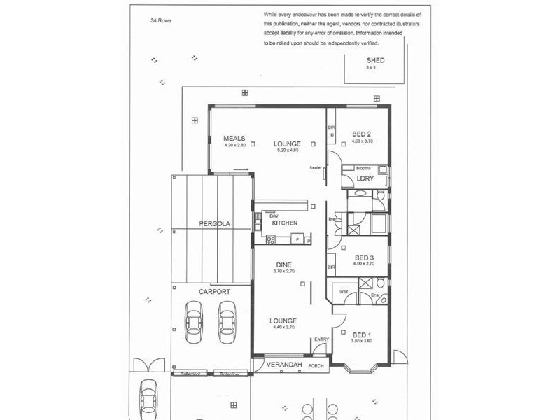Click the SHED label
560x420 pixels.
click(x=375, y=61)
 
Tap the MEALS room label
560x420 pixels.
click(x=233, y=138)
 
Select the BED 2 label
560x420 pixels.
click(x=361, y=134)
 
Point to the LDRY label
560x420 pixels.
click(x=365, y=179)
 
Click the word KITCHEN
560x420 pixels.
click(x=285, y=223)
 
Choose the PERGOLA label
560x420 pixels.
click(x=216, y=224)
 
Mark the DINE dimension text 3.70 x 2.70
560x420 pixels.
click(x=284, y=271)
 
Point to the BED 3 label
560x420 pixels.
click(x=364, y=257)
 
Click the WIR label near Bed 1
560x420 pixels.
click(x=344, y=291)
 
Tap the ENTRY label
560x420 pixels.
click(x=321, y=339)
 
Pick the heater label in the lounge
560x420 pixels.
click(x=315, y=168)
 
